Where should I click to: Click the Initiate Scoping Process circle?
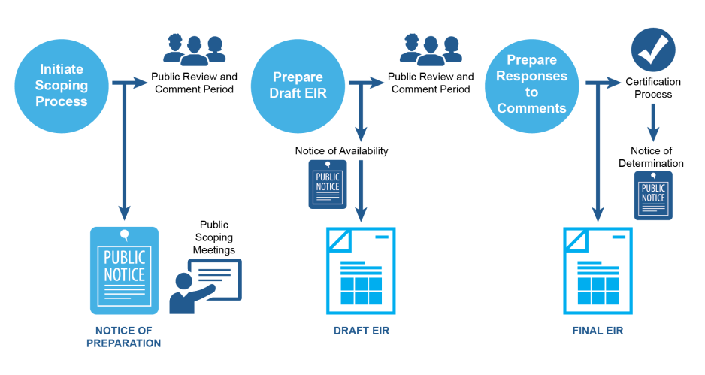click(62, 84)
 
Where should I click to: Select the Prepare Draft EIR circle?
click(297, 86)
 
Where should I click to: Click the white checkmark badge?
click(652, 51)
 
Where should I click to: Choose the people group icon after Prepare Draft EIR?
click(430, 49)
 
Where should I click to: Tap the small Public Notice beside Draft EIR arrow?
click(328, 183)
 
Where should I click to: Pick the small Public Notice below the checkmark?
click(652, 195)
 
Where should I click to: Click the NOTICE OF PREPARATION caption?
click(124, 337)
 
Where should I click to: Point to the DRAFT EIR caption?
click(362, 331)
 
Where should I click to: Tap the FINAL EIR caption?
click(598, 331)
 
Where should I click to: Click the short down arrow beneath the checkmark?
click(653, 123)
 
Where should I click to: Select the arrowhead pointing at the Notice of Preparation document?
click(125, 213)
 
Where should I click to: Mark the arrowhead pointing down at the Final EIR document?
click(598, 213)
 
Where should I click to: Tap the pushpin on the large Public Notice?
click(124, 235)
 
